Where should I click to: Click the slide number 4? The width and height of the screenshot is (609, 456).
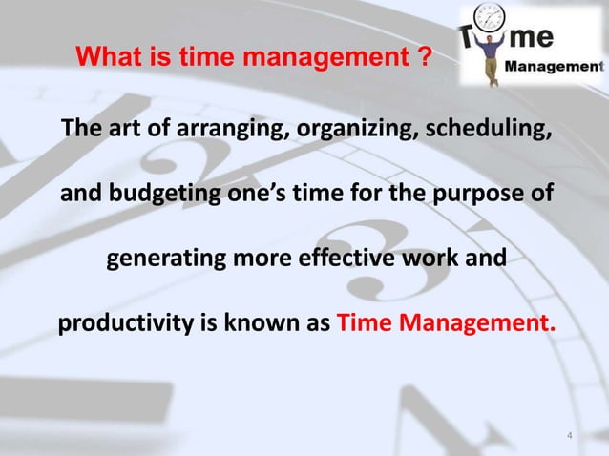pyautogui.click(x=570, y=437)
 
